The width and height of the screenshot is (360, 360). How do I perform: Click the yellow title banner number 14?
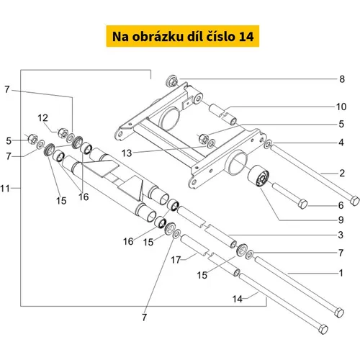pos(246,37)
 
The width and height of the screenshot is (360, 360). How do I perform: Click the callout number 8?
pos(342,79)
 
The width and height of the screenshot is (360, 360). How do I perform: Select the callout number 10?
pos(341,107)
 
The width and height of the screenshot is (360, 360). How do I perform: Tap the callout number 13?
pos(127,153)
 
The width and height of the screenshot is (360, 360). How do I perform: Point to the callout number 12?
pos(42,118)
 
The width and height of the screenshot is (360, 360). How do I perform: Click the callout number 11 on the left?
pos(5,189)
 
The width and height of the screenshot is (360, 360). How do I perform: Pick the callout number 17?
pos(176,260)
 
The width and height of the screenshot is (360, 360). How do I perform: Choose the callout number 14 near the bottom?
pos(237,299)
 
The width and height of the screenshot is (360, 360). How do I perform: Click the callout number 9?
pos(341,220)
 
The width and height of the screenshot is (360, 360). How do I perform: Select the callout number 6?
pos(341,205)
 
